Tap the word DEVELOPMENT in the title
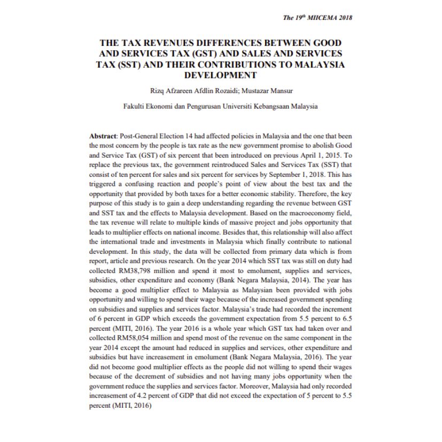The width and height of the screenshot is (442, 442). click(221, 75)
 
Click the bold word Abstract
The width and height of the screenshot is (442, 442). click(102, 136)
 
